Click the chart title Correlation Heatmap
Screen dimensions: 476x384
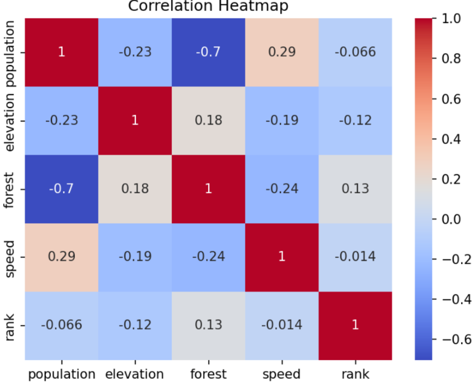tap(208, 6)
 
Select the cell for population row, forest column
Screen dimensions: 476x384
tap(209, 52)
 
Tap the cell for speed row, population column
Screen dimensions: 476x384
tap(62, 257)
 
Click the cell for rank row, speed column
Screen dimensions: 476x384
tap(282, 326)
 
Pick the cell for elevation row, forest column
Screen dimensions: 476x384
tap(209, 121)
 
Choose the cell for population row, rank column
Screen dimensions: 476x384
tap(355, 52)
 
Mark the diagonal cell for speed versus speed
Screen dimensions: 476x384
tap(282, 257)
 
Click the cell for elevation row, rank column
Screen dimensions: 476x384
tap(355, 121)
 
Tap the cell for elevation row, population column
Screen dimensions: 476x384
tap(62, 121)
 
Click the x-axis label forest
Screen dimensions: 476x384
tap(209, 374)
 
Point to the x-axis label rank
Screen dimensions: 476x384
tap(355, 374)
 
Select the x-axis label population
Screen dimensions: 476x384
tap(62, 375)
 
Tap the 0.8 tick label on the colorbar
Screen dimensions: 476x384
tap(451, 58)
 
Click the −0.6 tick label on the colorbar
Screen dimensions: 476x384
tap(457, 339)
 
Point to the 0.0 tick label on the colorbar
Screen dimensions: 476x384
tap(451, 219)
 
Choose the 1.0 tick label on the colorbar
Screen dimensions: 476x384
tap(451, 19)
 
